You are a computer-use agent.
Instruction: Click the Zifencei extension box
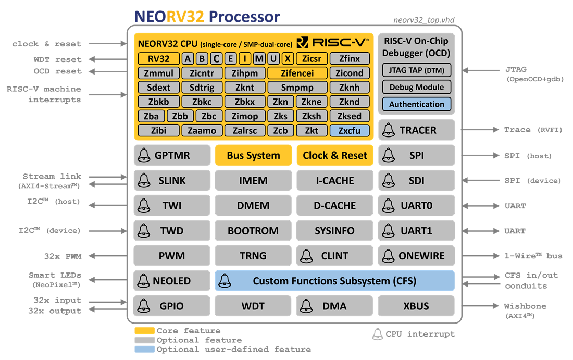(x=297, y=73)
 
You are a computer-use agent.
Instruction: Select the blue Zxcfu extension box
(x=350, y=131)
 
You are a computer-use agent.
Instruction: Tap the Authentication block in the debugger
(x=417, y=104)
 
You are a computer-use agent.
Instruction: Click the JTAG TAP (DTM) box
(x=417, y=70)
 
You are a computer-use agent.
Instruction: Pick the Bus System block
(x=253, y=155)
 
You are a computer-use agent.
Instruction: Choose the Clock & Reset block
(x=335, y=155)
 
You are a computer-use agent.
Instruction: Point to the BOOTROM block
(x=253, y=231)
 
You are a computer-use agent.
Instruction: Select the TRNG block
(x=253, y=256)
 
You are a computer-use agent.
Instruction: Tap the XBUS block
(x=416, y=306)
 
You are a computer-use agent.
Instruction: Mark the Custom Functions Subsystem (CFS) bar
(x=334, y=281)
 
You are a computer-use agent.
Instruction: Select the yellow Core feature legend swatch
(x=144, y=331)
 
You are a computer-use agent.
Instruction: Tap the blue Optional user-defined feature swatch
(x=144, y=349)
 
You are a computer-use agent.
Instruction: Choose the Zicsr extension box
(x=312, y=59)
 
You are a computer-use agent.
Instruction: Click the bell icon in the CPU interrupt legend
(x=378, y=334)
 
